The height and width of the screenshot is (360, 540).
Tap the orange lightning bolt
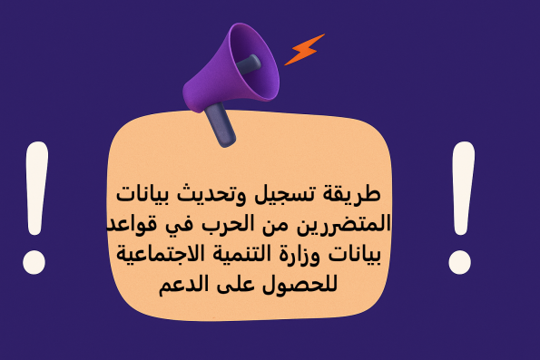[x=304, y=49]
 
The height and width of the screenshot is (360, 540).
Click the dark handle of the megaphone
[x=220, y=125]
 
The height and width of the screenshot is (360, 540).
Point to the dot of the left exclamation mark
[x=34, y=264]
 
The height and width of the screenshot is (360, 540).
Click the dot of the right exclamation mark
[x=461, y=263]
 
